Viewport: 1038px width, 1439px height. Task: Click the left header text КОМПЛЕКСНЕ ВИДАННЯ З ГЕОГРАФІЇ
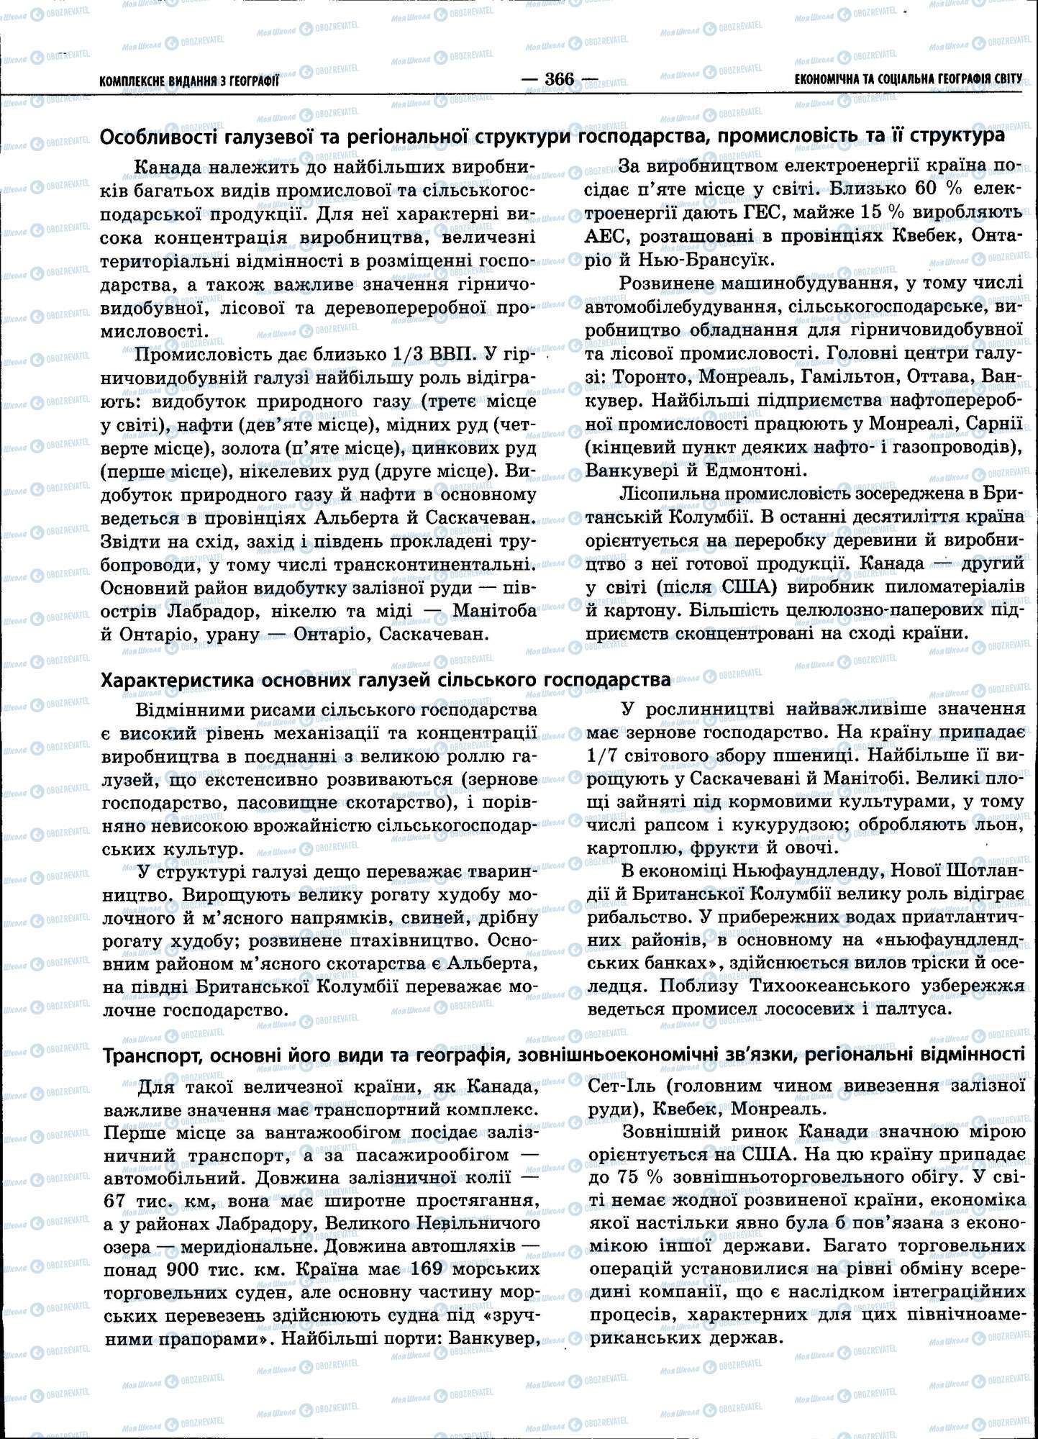pos(189,81)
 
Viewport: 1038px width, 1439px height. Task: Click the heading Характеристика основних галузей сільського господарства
pos(386,679)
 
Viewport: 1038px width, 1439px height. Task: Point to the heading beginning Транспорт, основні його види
pos(564,1055)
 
